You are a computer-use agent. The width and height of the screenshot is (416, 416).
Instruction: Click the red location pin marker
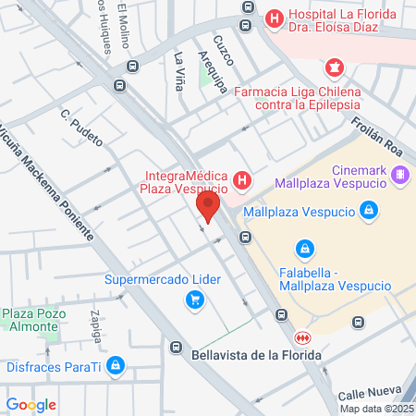click(x=209, y=206)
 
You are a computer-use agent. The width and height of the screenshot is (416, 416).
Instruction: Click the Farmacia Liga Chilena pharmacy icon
click(x=334, y=67)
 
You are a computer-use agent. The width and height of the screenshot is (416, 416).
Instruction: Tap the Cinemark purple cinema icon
click(x=400, y=173)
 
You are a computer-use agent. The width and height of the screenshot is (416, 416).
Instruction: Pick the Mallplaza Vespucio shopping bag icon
click(x=369, y=211)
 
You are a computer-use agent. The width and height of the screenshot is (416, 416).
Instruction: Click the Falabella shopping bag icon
click(x=303, y=248)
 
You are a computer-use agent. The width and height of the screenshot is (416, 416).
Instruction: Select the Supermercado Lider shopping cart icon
click(x=194, y=299)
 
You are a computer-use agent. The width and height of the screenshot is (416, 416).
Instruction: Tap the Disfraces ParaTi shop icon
click(x=115, y=364)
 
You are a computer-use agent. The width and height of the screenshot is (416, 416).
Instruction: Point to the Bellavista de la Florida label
click(x=257, y=355)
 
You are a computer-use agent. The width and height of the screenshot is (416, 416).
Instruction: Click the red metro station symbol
click(x=303, y=336)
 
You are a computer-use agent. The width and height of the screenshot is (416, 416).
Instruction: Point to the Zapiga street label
click(x=95, y=326)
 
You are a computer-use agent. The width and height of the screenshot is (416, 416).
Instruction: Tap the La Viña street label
click(x=180, y=68)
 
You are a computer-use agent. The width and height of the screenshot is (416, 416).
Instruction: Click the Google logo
click(x=31, y=404)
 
